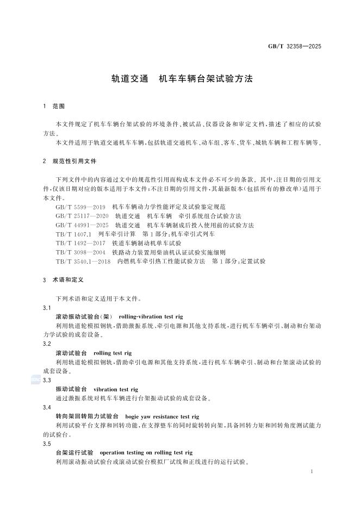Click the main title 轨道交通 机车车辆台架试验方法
point(180,78)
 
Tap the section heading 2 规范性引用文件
point(67,162)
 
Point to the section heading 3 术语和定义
point(63,280)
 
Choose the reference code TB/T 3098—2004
point(79,252)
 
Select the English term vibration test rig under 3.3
point(116,389)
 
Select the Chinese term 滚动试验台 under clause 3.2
point(71,353)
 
